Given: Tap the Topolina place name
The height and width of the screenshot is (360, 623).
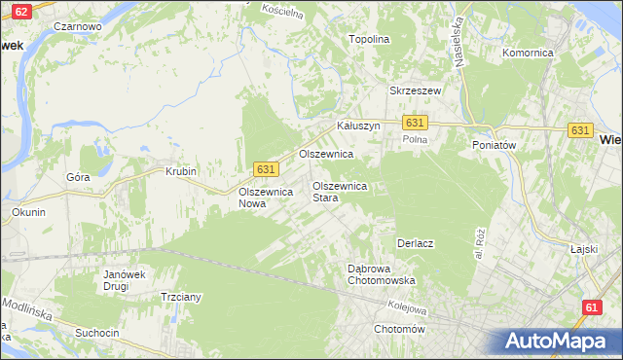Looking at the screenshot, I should [370, 40].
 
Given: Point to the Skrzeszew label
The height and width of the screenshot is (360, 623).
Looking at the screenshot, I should [416, 90].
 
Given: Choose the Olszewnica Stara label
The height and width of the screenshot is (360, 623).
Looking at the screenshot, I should [339, 192].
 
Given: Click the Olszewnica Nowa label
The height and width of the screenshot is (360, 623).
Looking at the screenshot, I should [266, 198].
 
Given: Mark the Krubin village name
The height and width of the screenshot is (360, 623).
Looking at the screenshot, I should [180, 171].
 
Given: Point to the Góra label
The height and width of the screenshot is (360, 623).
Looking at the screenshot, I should [78, 177].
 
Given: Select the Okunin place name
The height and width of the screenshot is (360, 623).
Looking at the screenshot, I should [28, 212].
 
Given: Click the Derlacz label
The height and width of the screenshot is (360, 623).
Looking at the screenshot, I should [415, 242].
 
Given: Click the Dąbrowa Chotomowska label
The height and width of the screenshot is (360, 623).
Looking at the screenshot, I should [382, 274].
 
